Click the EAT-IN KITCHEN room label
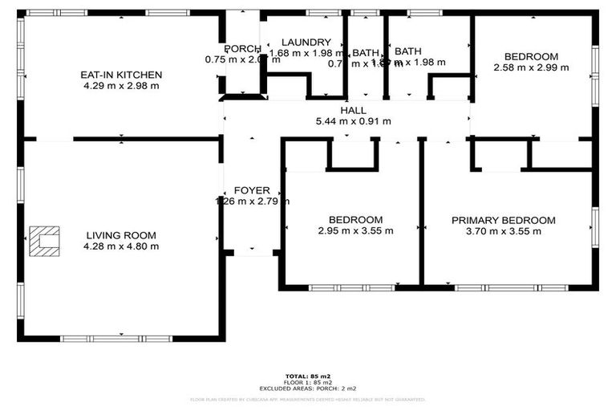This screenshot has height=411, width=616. (121, 75)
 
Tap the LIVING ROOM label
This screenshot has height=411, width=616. (122, 235)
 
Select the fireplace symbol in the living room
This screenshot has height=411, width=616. (44, 241)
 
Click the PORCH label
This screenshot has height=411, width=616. (239, 48)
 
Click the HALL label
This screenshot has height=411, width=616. (353, 111)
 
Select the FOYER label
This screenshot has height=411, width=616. (251, 190)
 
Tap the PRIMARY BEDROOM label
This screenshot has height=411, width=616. (503, 220)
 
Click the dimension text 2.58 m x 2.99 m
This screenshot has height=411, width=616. (530, 67)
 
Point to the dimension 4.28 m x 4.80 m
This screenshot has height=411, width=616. (122, 246)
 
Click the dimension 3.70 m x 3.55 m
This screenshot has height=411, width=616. (503, 231)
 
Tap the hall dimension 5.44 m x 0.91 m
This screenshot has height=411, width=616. (353, 122)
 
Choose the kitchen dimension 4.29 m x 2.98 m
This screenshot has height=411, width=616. (121, 86)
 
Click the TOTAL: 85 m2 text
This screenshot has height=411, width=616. (308, 376)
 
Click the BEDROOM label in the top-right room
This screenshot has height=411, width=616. (530, 56)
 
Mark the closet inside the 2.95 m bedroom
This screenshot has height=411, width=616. (352, 153)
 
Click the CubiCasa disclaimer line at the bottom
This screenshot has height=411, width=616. (308, 398)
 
